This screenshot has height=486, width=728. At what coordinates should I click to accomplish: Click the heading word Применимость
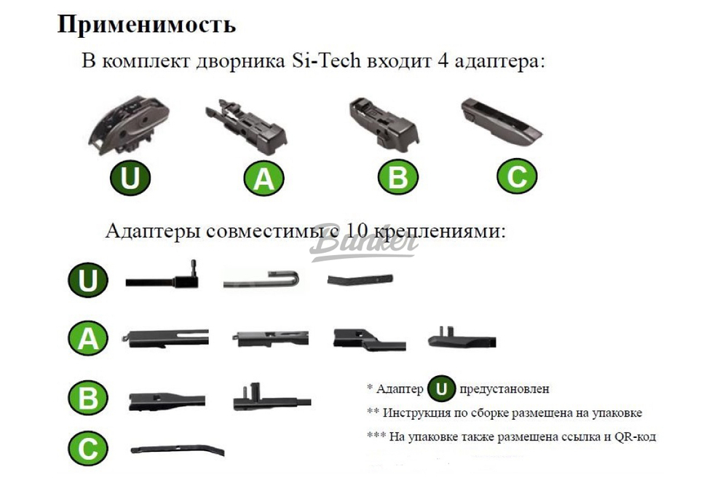pyautogui.click(x=146, y=24)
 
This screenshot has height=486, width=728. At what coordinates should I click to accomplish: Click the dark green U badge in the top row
pyautogui.click(x=130, y=178)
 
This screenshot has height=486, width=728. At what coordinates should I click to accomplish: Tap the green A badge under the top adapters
pyautogui.click(x=264, y=179)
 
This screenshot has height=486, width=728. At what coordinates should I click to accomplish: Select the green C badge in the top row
pyautogui.click(x=517, y=178)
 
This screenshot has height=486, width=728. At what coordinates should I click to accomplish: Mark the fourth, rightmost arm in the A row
pyautogui.click(x=462, y=338)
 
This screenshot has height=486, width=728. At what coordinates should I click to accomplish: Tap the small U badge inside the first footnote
pyautogui.click(x=440, y=390)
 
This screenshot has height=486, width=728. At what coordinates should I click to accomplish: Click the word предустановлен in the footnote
pyautogui.click(x=505, y=390)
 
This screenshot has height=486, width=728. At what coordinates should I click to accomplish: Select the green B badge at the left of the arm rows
pyautogui.click(x=87, y=398)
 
